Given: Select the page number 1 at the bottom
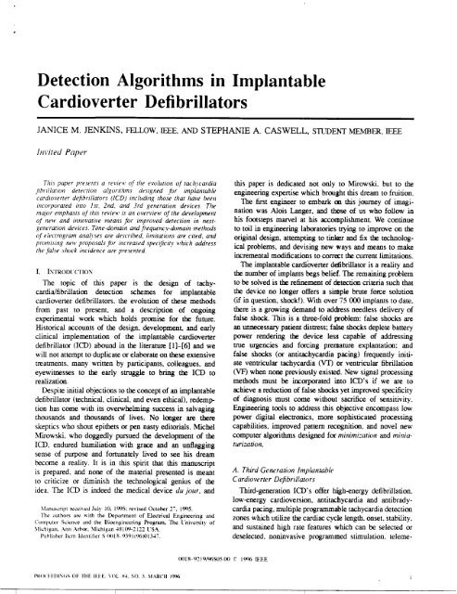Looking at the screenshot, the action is click(434, 583).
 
